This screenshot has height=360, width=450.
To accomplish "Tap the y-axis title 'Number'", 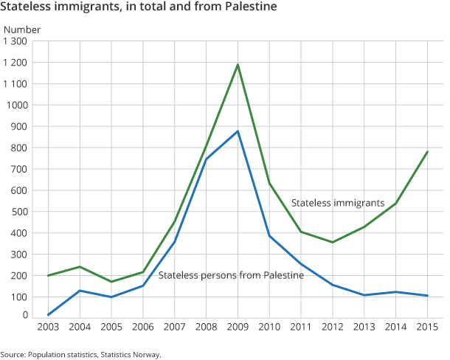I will click(x=22, y=30).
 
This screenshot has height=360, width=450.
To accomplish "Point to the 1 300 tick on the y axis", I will click(x=15, y=41).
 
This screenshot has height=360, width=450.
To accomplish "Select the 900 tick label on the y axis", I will click(x=18, y=126).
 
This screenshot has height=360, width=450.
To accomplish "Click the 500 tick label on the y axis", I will click(x=18, y=212).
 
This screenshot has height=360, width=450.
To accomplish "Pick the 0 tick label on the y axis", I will click(x=24, y=316).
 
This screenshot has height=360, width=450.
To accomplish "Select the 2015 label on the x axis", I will click(x=426, y=326).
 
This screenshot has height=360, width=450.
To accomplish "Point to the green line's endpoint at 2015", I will click(x=427, y=152).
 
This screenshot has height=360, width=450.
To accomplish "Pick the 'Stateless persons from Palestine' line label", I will click(x=231, y=275).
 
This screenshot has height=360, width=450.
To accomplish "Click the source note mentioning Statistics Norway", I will click(x=80, y=354).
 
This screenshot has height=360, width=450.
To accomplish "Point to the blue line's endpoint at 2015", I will click(x=427, y=295).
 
